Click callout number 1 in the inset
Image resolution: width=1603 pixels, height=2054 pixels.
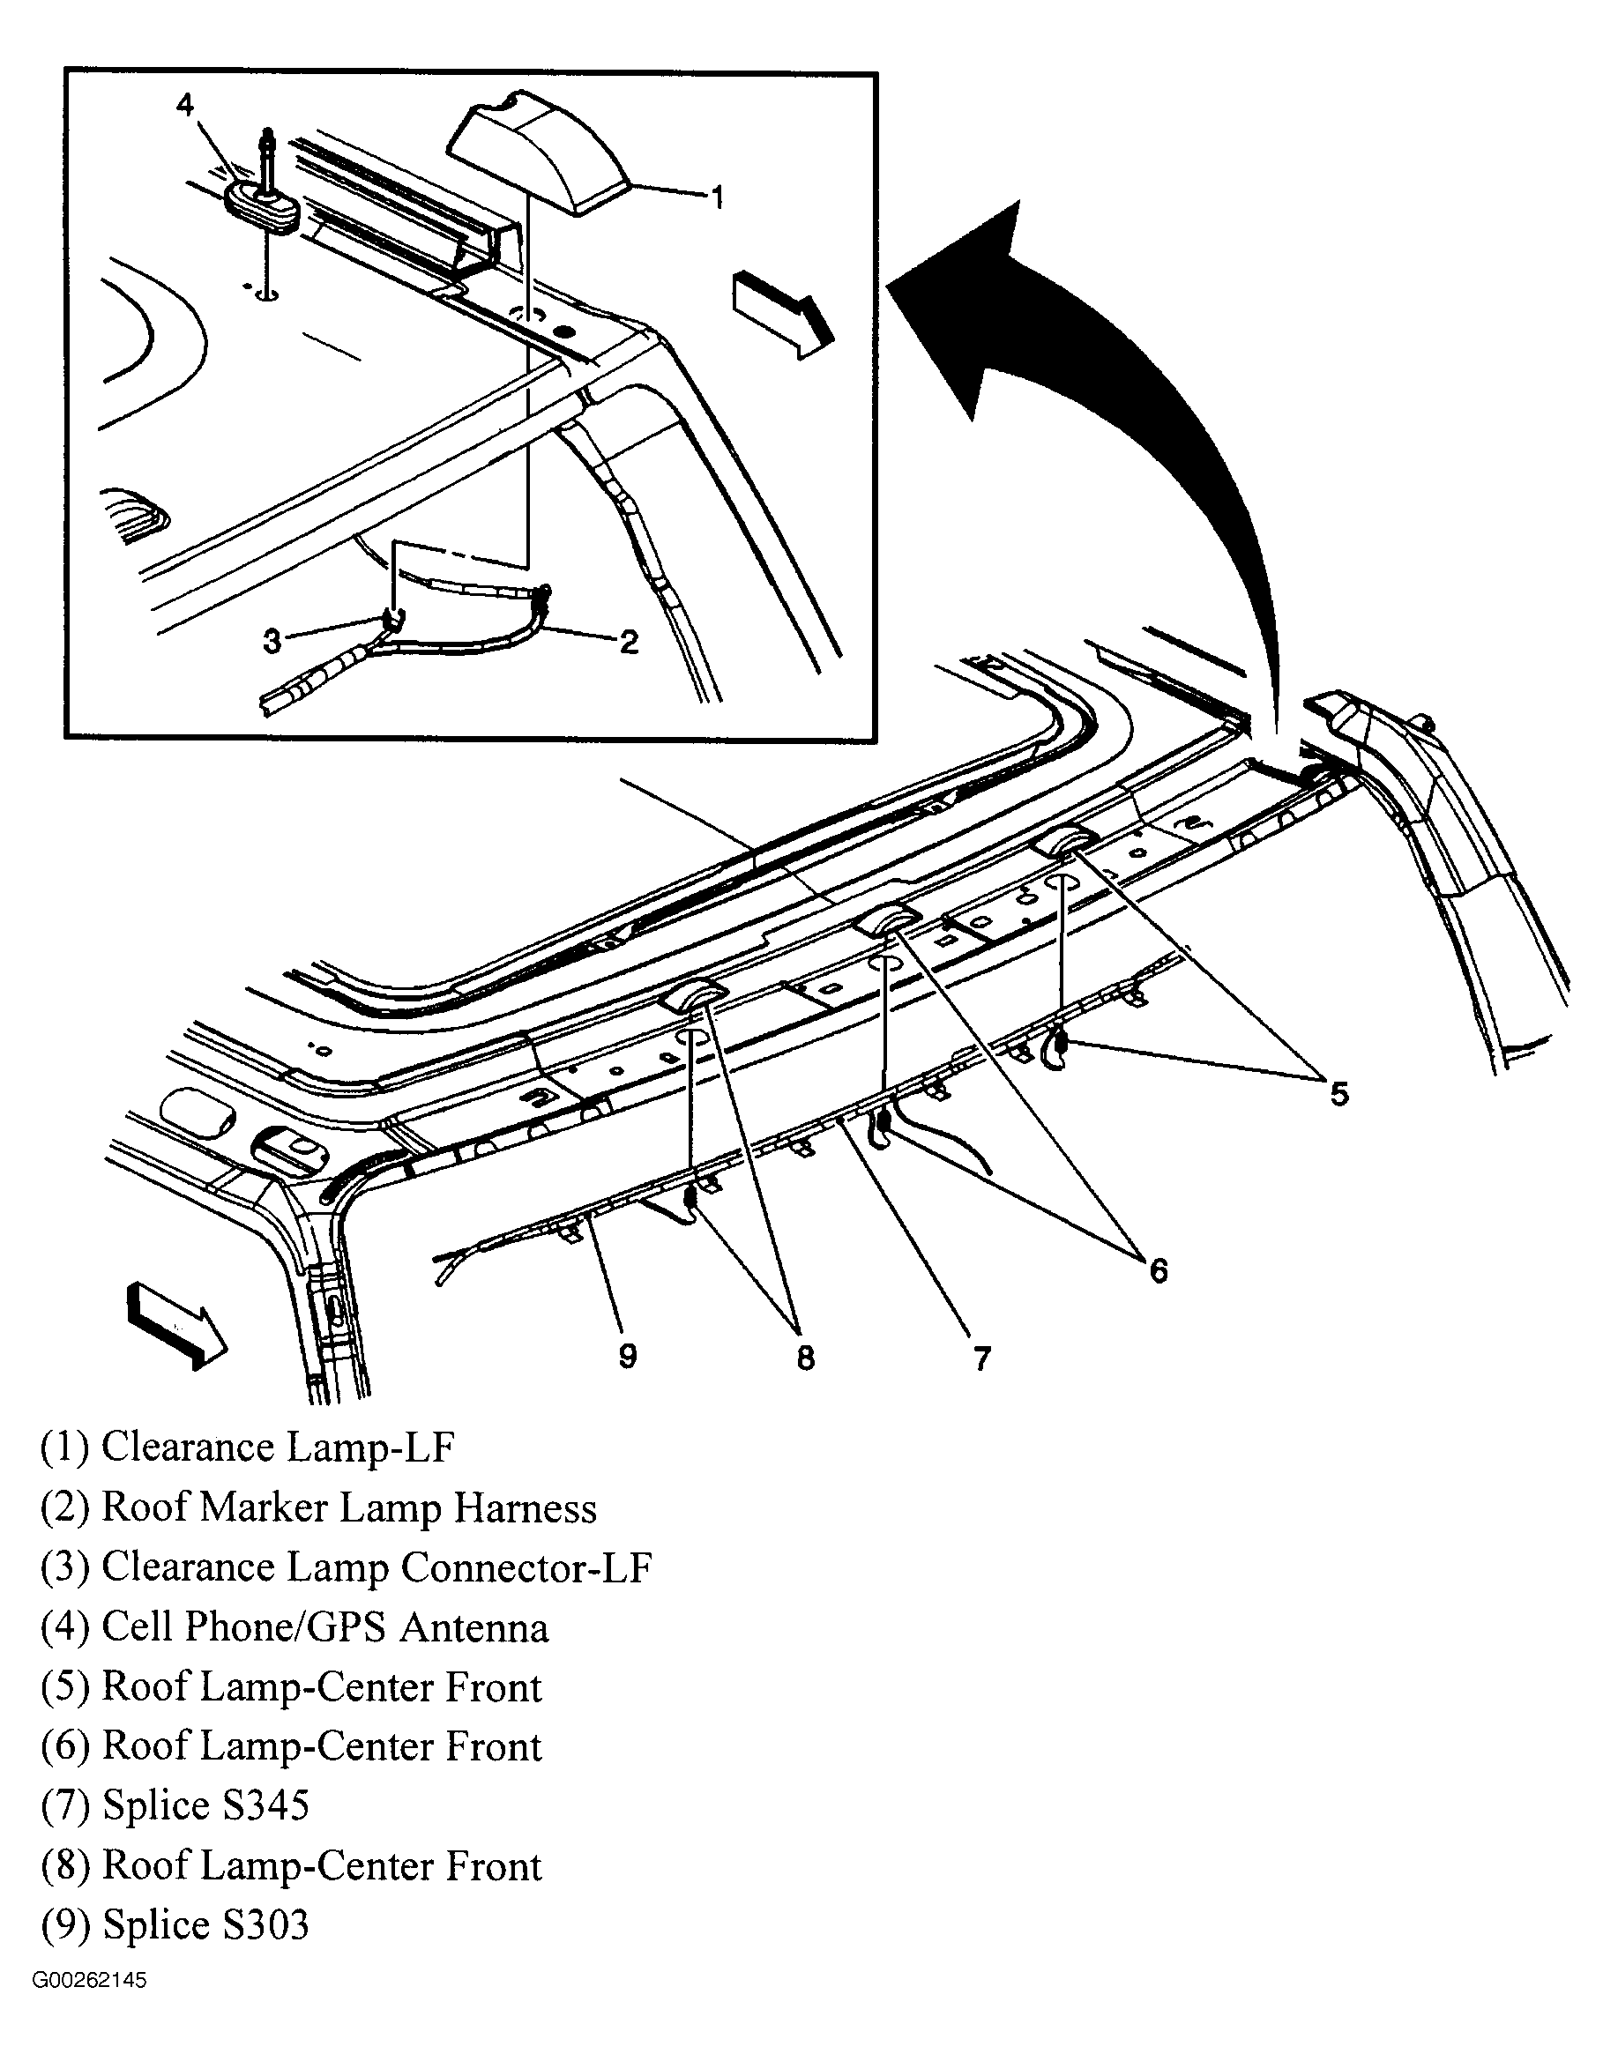(x=717, y=197)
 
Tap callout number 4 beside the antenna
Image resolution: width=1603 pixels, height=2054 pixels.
(x=184, y=105)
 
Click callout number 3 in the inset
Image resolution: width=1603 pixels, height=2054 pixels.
(x=272, y=642)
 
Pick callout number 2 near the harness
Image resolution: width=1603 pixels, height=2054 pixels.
(x=629, y=642)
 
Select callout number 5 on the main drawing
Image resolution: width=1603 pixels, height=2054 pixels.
(x=1338, y=1093)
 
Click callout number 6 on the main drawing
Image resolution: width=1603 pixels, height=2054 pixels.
(x=1158, y=1270)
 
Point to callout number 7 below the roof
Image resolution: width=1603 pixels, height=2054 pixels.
(x=981, y=1359)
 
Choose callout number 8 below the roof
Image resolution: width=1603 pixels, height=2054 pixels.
(x=805, y=1357)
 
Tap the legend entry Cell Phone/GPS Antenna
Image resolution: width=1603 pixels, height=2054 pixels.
(x=294, y=1627)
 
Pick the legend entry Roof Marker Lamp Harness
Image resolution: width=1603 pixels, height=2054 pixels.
(x=318, y=1507)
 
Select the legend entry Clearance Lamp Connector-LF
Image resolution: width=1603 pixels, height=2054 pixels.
(x=346, y=1567)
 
